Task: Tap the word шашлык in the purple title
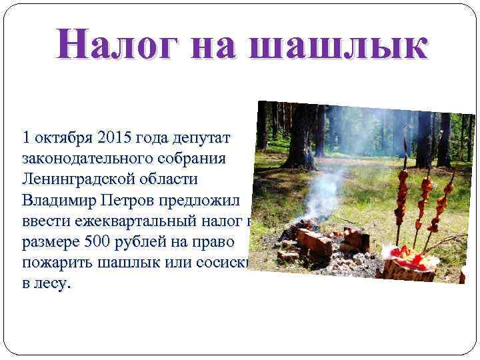click(342, 45)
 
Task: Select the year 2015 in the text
click(114, 139)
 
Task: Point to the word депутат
click(201, 139)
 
